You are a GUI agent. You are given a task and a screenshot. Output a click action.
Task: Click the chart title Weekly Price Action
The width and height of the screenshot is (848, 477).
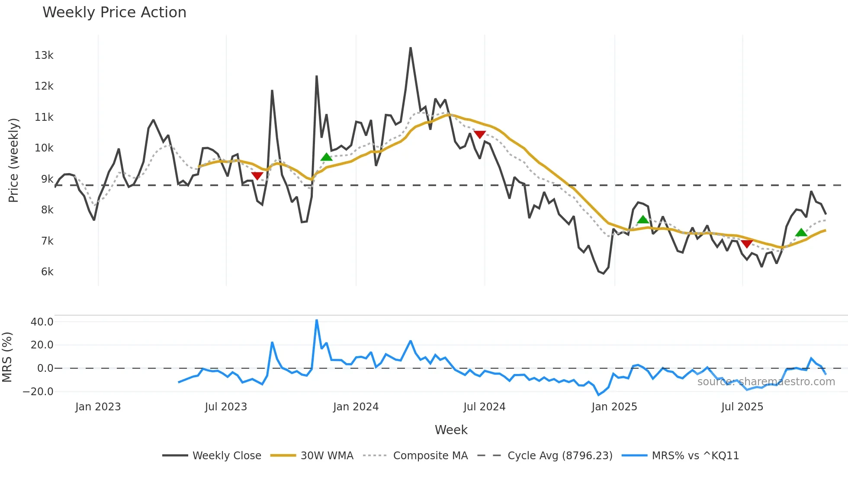tap(114, 13)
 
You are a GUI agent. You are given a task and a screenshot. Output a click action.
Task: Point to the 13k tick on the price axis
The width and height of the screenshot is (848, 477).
tap(44, 55)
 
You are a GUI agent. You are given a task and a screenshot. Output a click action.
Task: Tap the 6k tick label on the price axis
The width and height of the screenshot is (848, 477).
tap(47, 272)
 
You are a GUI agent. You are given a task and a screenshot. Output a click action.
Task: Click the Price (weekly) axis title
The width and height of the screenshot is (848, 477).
tap(13, 160)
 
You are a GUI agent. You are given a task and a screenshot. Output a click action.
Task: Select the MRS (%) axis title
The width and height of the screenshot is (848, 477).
tap(7, 357)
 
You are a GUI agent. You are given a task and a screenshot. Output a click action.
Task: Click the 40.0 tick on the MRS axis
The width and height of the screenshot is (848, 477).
tap(42, 322)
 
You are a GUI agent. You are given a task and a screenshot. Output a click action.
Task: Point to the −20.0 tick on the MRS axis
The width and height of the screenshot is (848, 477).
tap(38, 392)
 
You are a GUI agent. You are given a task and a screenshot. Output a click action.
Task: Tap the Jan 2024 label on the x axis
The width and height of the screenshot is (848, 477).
tap(356, 407)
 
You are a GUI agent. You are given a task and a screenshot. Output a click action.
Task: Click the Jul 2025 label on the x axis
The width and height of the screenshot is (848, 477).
tap(742, 407)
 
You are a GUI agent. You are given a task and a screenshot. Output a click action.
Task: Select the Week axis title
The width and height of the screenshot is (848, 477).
tap(451, 430)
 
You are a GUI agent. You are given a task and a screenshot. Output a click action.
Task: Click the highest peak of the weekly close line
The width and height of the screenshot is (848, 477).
tap(411, 48)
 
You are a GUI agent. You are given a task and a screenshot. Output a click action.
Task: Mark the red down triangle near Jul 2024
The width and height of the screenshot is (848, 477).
tap(479, 135)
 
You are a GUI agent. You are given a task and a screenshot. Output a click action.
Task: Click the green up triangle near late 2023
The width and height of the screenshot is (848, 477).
tap(327, 157)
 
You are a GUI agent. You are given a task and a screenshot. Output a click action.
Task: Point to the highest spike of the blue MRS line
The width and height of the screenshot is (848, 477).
tap(317, 320)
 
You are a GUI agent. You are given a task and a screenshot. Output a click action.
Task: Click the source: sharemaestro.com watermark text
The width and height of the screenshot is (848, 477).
tap(766, 382)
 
